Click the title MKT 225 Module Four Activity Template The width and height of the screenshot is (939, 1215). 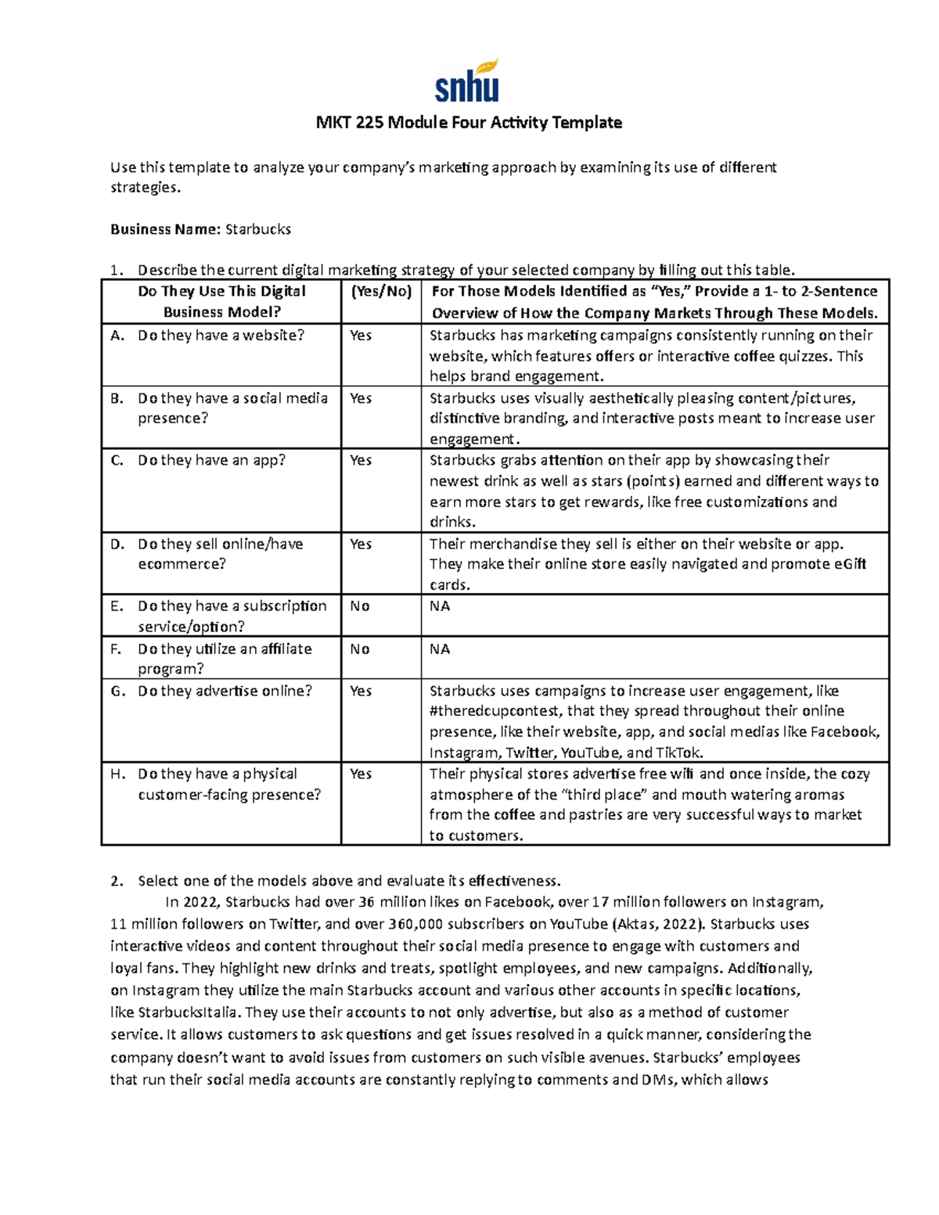coord(469,123)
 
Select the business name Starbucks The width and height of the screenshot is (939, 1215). coord(257,229)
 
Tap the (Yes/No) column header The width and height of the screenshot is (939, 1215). coord(380,292)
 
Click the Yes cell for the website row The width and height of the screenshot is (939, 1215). coord(361,336)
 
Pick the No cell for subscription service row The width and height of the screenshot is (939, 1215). coord(360,606)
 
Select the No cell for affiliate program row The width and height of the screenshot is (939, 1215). coord(360,649)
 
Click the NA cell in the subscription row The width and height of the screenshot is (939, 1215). coord(440,606)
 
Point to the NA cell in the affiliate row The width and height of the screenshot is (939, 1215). coord(440,649)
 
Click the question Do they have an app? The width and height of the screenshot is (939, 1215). coord(211,461)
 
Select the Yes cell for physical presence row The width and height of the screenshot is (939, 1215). coord(361,775)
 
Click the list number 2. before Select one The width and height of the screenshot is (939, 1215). coord(117,881)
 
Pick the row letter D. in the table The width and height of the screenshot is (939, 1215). coord(117,545)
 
